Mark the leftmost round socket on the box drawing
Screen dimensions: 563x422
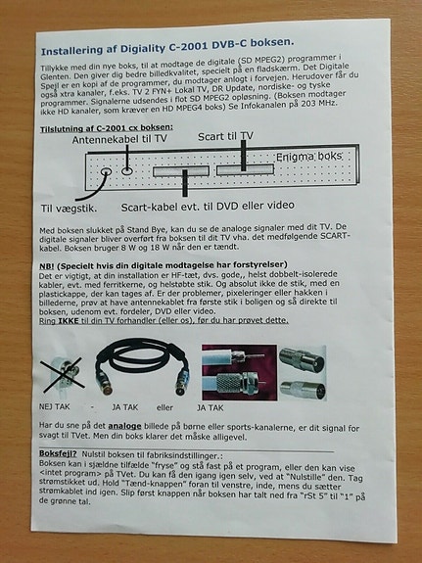(x=106, y=169)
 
